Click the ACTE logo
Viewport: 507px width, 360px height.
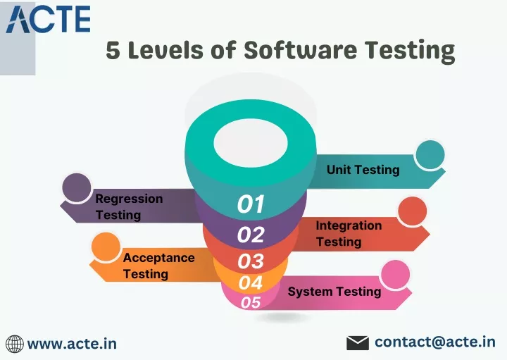coord(48,20)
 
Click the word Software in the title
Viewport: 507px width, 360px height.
coord(301,50)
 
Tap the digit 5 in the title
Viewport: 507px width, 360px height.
coord(113,51)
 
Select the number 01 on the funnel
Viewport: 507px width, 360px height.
coord(251,204)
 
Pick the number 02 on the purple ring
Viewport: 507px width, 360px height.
coord(251,234)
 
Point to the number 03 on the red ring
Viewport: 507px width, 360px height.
coord(251,261)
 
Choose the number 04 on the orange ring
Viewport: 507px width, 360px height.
coord(251,283)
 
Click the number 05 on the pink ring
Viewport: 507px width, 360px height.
coord(251,302)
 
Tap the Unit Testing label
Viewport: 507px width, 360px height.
coord(363,170)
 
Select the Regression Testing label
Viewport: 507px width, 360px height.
coord(129,206)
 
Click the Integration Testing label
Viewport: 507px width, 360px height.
coord(349,233)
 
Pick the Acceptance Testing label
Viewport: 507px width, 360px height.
coord(158,266)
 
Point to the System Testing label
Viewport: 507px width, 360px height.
coord(334,292)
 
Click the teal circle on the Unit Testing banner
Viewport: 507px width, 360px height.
coord(430,155)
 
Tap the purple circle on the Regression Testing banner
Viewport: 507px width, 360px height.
coord(77,187)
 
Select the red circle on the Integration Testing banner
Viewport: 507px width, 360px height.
coord(412,211)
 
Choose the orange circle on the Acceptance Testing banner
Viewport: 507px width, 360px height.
coord(106,247)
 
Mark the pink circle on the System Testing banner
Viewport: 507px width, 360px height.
coord(395,275)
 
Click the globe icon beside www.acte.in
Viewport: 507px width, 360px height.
coord(15,344)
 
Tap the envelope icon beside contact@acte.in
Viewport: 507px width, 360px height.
coord(358,343)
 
